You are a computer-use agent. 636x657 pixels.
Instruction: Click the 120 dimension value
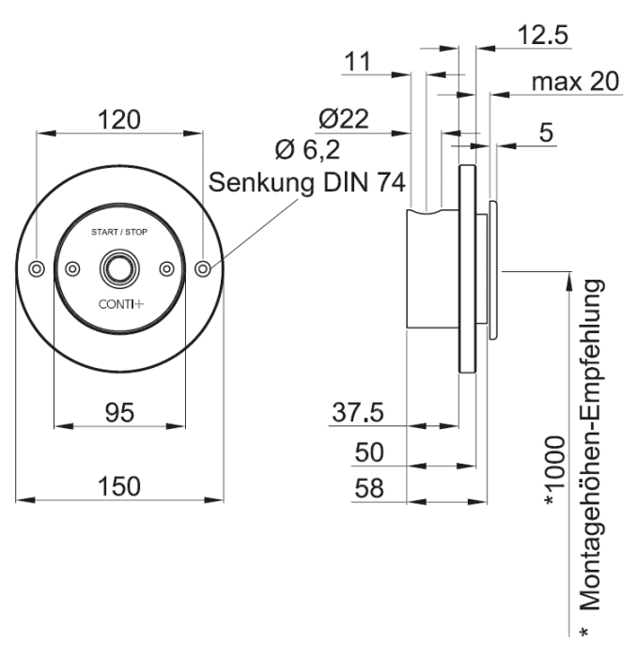point(119,120)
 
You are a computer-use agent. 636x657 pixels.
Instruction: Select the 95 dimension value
point(119,412)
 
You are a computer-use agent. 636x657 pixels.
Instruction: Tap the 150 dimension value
point(119,486)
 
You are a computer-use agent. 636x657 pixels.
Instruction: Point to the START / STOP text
point(119,232)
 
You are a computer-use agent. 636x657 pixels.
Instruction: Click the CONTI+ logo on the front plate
point(121,304)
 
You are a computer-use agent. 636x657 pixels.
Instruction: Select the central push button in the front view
point(119,268)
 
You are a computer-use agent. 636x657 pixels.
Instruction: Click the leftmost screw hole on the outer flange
point(37,268)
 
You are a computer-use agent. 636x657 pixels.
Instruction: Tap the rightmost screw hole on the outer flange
point(203,268)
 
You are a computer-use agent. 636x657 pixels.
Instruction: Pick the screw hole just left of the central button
point(72,268)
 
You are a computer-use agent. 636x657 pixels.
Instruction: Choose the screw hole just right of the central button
point(167,268)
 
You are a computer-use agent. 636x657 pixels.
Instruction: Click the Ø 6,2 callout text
point(307,149)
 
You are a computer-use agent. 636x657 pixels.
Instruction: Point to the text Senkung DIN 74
point(306,183)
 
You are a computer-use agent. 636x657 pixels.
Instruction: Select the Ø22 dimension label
point(344,118)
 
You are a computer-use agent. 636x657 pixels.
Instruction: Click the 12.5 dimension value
point(543,35)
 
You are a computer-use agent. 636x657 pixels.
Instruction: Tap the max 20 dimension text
point(575,82)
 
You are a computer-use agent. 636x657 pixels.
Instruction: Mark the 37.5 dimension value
point(358,412)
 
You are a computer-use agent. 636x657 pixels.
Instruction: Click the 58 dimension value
point(369,488)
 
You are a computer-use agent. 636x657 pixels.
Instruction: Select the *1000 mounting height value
point(554,470)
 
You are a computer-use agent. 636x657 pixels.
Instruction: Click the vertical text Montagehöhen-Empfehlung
point(592,445)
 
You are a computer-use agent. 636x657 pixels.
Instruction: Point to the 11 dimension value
point(357,62)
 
